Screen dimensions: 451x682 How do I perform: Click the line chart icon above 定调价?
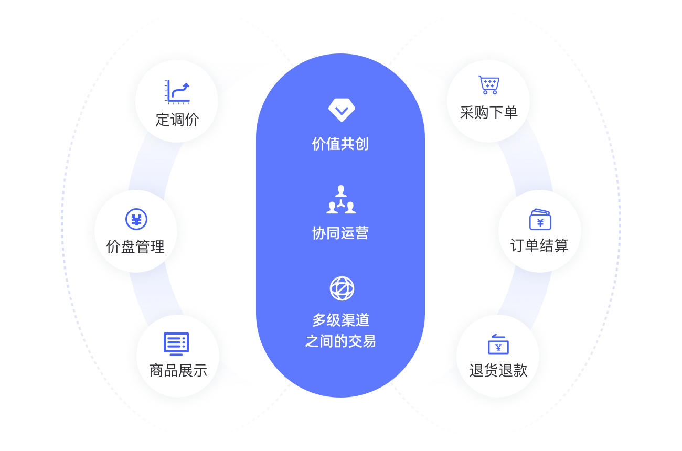177,91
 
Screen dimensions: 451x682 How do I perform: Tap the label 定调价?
177,120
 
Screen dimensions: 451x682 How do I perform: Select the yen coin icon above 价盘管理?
136,219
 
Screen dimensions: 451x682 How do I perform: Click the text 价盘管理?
135,246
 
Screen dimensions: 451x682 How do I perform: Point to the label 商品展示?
178,371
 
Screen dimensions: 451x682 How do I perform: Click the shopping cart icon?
488,85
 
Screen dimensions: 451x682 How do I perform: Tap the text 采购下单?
488,112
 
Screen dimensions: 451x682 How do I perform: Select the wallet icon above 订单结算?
540,219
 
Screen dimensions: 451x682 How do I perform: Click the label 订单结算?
539,245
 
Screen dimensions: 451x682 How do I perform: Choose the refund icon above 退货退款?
498,344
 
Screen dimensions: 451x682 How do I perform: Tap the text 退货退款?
498,370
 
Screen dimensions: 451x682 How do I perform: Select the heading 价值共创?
340,144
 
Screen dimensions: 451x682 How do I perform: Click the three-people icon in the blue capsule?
341,200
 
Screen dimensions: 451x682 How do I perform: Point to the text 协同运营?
340,233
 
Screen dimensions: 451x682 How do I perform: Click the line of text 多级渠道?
341,320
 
